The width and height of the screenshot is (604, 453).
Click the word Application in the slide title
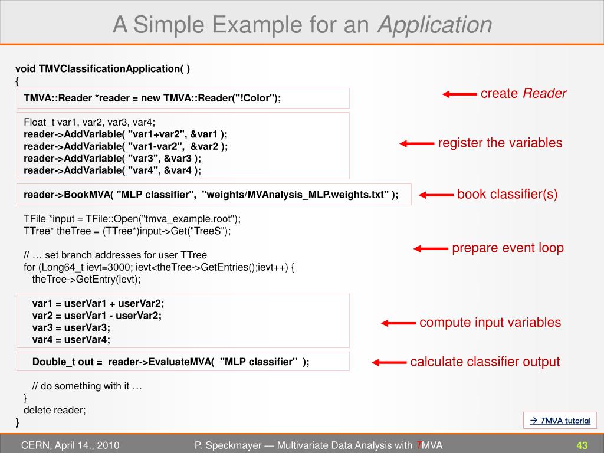(435, 25)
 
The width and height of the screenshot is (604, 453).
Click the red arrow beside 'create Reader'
(459, 94)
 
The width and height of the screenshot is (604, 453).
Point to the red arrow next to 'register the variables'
(416, 143)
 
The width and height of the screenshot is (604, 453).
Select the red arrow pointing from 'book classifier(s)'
(436, 195)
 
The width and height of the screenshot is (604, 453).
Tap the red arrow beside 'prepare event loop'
(431, 248)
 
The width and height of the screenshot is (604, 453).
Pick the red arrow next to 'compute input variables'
(398, 323)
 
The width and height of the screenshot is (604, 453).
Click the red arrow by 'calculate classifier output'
(389, 362)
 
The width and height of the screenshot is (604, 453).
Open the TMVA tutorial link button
(560, 421)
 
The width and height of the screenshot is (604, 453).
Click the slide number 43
(582, 445)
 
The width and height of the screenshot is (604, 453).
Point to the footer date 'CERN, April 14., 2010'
(70, 445)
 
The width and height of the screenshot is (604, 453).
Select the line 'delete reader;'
(55, 411)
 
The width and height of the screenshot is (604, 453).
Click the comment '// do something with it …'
(87, 386)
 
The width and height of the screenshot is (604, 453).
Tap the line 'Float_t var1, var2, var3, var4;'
(90, 123)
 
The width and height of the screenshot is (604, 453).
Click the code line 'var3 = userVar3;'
(71, 327)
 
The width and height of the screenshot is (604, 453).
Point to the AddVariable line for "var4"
(112, 170)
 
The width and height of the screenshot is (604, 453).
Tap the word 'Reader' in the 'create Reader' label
(544, 93)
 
